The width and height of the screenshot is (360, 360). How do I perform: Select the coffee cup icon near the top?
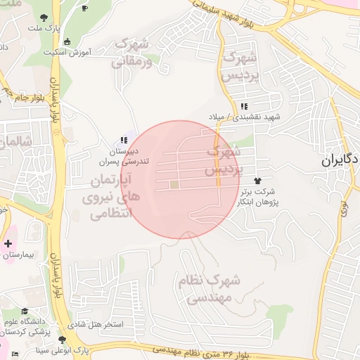[x=85, y=8]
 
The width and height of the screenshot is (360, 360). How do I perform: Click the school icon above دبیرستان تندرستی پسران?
[x=124, y=140]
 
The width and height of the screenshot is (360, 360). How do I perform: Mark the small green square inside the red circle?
[x=174, y=185]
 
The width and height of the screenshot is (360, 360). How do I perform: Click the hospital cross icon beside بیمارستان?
[x=8, y=244]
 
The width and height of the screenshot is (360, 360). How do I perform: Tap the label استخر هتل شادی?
[x=98, y=325]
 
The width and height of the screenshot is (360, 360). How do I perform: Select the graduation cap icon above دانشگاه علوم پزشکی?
[x=25, y=311]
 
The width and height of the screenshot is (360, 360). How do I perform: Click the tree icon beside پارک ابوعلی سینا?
[x=63, y=340]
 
